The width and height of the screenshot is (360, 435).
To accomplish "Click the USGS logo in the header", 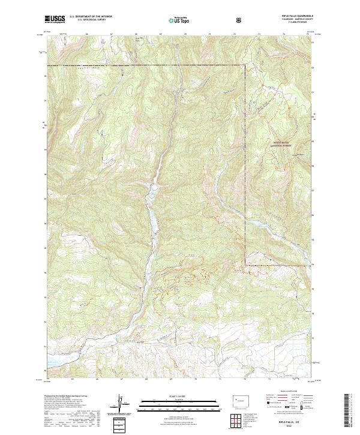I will pos(55,19).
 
